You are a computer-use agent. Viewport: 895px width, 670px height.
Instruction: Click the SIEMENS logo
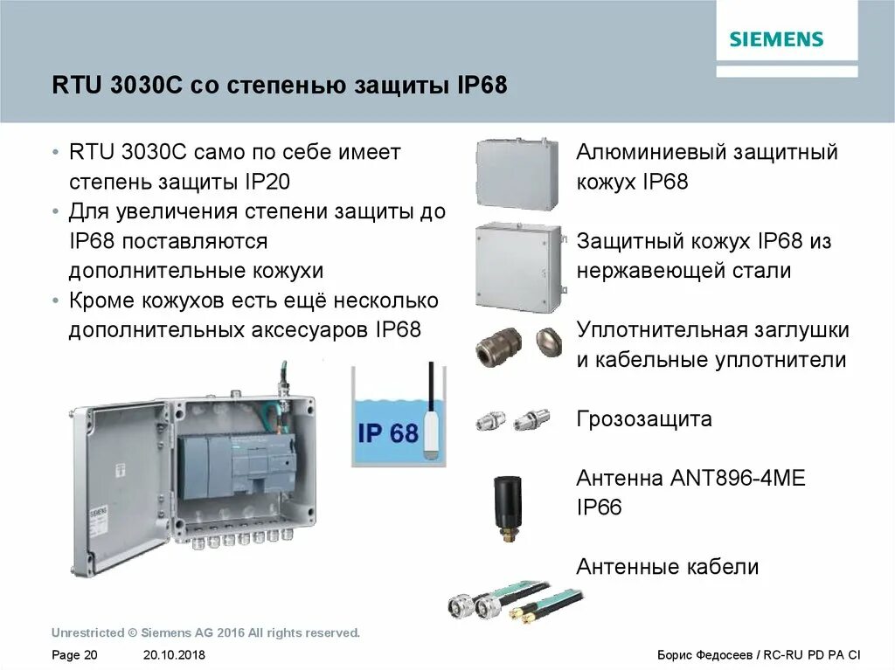pyautogui.click(x=776, y=39)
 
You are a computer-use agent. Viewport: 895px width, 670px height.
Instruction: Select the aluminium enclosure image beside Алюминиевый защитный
pyautogui.click(x=517, y=173)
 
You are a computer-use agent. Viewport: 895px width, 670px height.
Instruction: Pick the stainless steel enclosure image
pyautogui.click(x=517, y=266)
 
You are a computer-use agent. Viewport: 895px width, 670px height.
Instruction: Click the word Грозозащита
pyautogui.click(x=644, y=419)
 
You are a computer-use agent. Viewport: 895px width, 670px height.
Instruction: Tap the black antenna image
pyautogui.click(x=508, y=504)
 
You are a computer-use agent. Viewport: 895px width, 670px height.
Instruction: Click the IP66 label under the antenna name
pyautogui.click(x=599, y=508)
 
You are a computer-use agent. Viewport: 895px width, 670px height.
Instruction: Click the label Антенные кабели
pyautogui.click(x=667, y=567)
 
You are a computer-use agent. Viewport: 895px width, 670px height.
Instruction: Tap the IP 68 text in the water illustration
pyautogui.click(x=388, y=432)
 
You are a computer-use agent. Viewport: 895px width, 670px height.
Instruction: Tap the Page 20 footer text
pyautogui.click(x=75, y=655)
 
